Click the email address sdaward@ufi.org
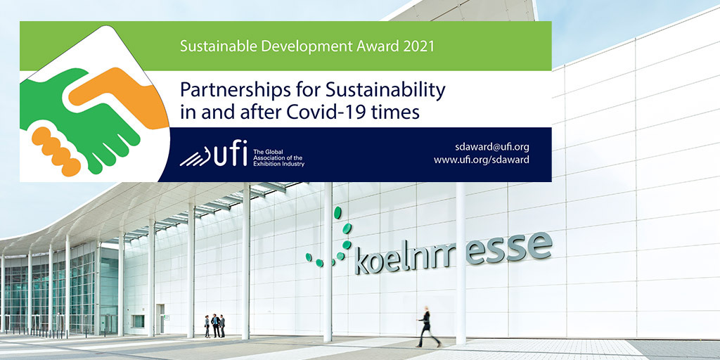pos(492,147)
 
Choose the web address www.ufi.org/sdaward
pos(482,160)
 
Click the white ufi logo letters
pos(229,153)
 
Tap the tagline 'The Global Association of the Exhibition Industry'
pos(278,157)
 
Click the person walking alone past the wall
pos(427,326)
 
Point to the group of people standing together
pos(214,326)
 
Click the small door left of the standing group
pos(160,319)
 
